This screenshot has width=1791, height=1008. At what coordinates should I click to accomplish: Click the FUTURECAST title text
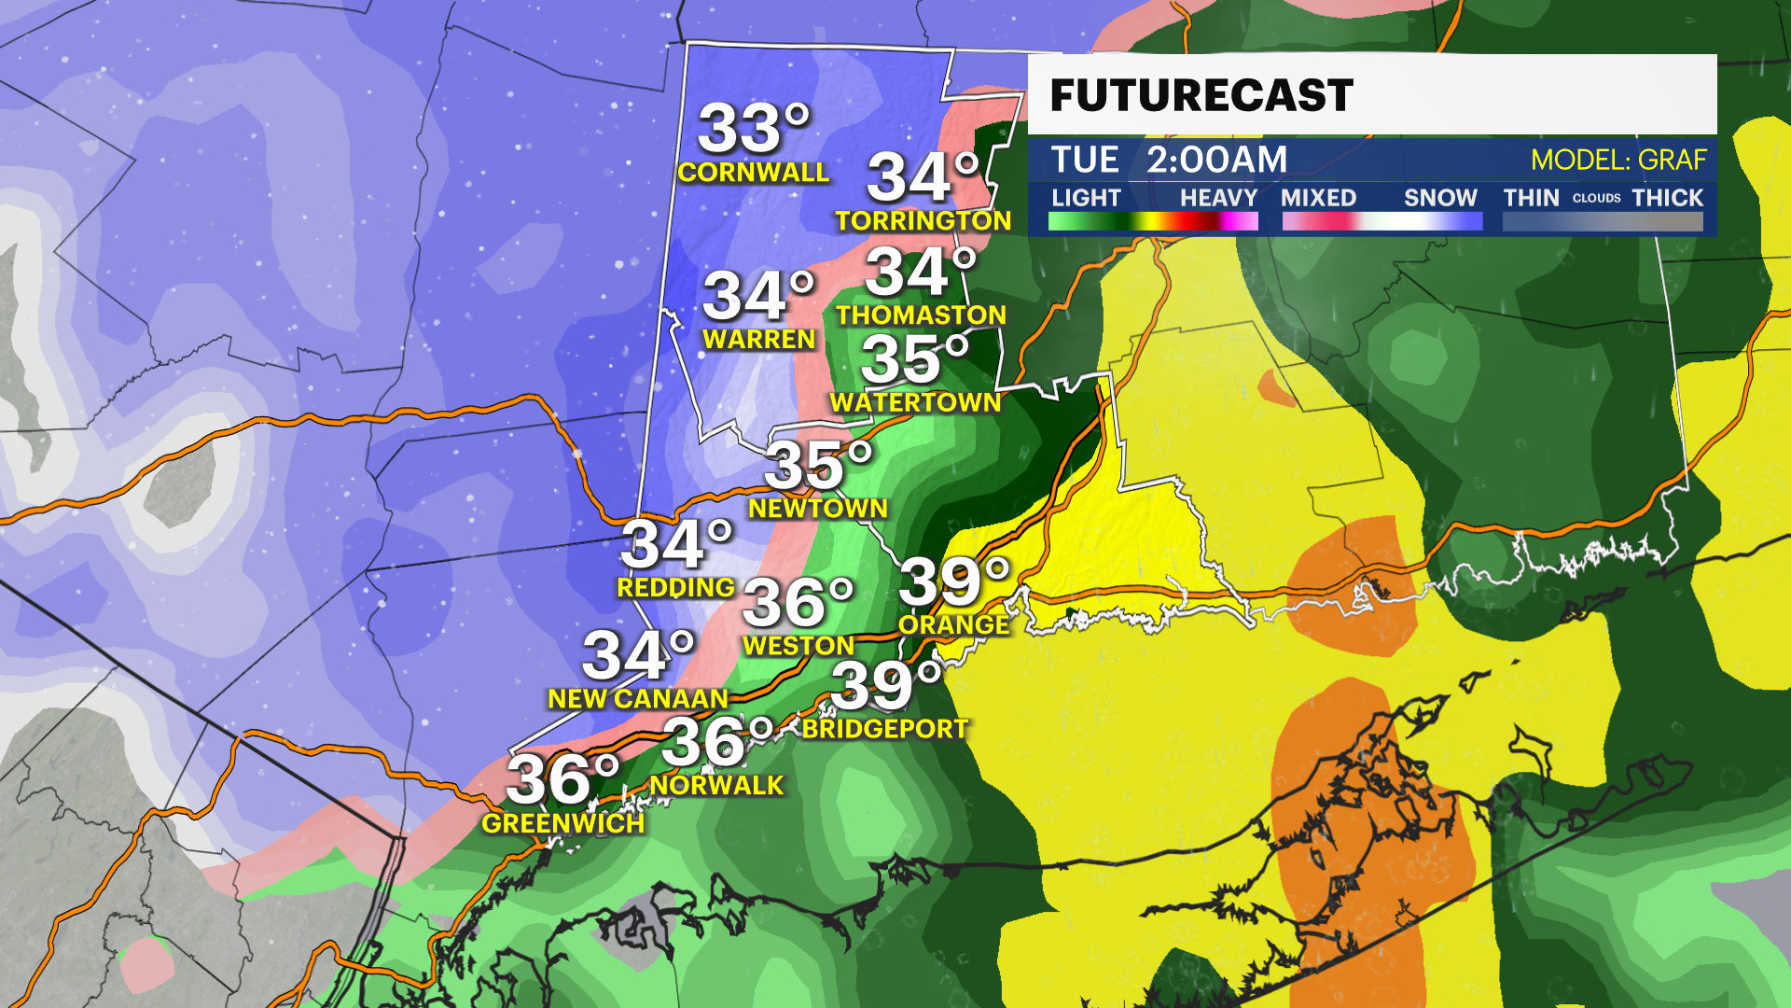[1201, 95]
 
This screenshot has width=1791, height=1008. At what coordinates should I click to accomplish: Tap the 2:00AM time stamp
[1216, 160]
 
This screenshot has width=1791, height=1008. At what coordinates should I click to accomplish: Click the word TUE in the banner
[1084, 160]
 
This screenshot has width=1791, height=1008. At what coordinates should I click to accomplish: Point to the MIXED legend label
[1318, 198]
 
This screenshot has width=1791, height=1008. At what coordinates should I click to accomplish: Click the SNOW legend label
[1440, 198]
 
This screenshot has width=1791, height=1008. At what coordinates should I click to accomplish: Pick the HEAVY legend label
[1218, 198]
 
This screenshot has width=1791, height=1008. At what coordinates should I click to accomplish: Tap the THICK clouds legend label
[1667, 198]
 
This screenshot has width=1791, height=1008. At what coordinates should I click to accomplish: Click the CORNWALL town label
[753, 173]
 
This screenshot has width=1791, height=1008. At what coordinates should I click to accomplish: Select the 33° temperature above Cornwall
[754, 128]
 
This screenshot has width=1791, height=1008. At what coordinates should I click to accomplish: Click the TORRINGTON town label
[923, 221]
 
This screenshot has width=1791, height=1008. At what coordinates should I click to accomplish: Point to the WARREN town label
[758, 340]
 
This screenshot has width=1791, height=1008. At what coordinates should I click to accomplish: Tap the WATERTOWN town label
[915, 402]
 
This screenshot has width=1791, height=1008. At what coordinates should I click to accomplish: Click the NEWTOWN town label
[818, 509]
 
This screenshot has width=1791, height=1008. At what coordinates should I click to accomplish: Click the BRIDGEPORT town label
[884, 729]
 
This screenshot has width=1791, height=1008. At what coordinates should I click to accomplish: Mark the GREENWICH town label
[562, 823]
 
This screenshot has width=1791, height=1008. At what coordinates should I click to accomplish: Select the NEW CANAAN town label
[637, 699]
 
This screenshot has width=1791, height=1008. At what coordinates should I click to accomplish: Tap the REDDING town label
[675, 588]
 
